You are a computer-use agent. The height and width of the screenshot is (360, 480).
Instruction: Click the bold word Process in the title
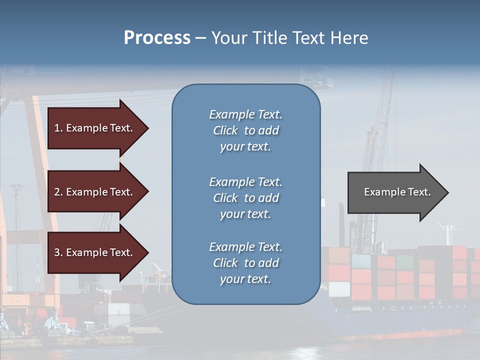click(157, 38)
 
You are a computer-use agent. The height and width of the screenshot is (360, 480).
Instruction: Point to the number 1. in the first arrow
click(58, 128)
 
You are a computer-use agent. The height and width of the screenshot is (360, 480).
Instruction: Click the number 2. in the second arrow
click(58, 192)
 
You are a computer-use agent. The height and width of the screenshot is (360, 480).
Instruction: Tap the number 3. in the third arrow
click(58, 252)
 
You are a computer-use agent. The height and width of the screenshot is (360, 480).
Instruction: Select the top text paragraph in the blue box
click(245, 130)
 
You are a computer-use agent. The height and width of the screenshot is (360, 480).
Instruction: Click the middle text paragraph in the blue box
click(245, 198)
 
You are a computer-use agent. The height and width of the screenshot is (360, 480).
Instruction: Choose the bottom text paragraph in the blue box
click(245, 263)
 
